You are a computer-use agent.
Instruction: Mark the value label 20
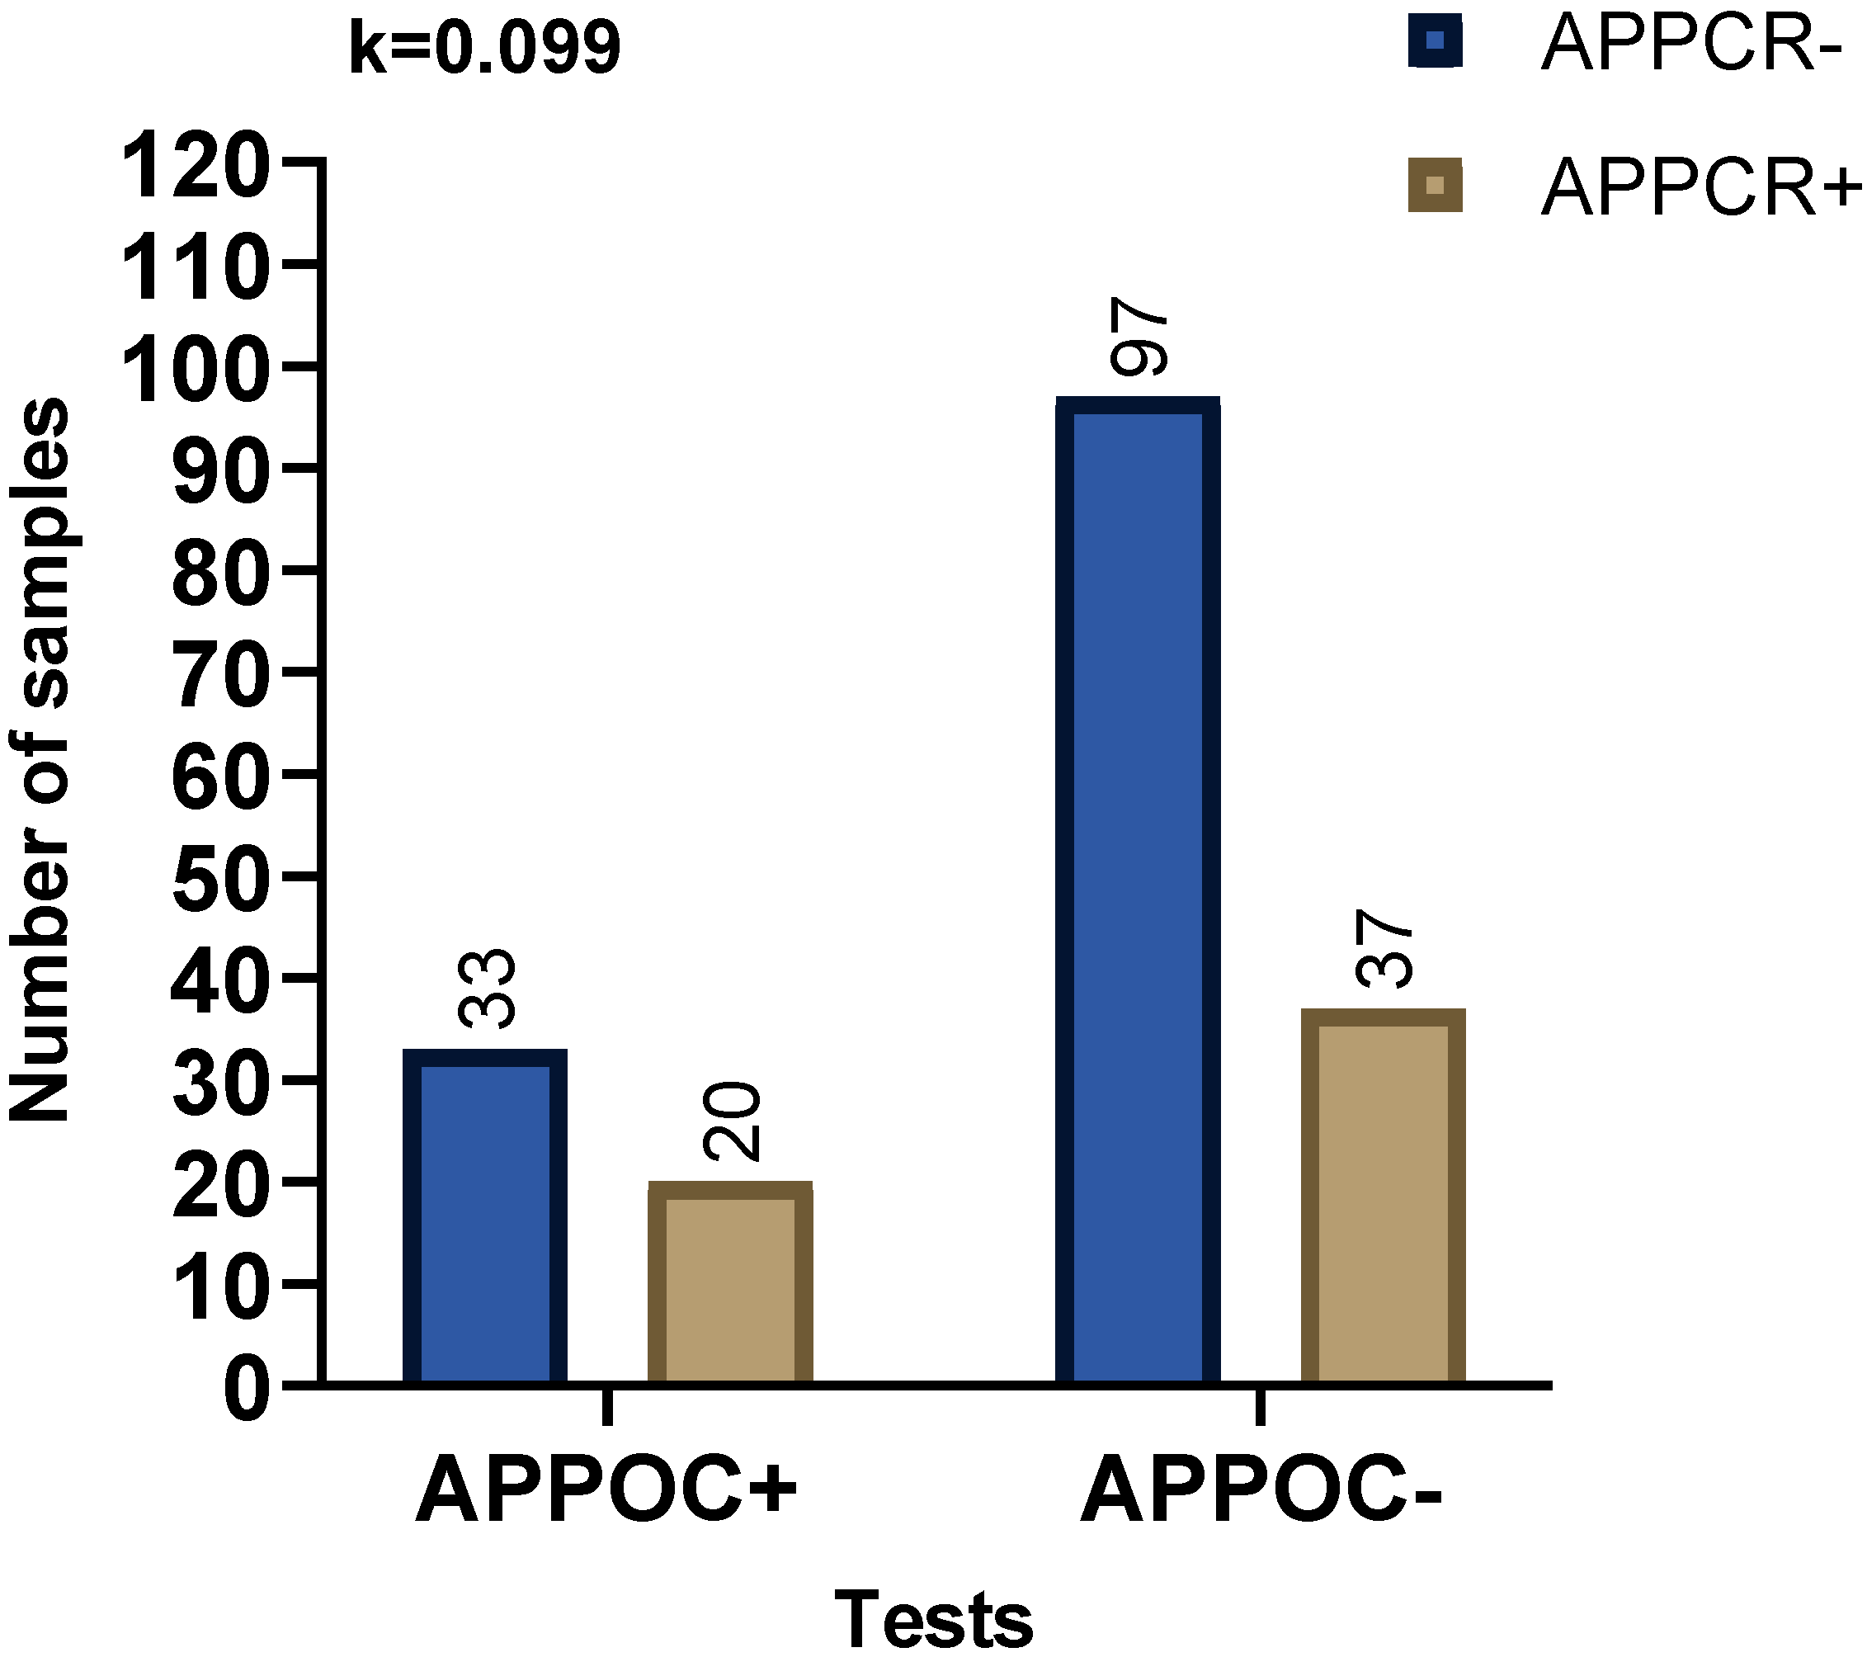(x=731, y=1120)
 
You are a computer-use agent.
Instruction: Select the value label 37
(x=1384, y=948)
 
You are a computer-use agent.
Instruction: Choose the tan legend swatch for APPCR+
(x=1435, y=186)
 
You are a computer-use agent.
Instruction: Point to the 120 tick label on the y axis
(x=196, y=163)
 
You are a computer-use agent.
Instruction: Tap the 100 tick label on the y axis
(x=196, y=368)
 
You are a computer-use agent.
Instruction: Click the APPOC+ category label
(x=606, y=1493)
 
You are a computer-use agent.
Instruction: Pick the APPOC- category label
(x=1261, y=1493)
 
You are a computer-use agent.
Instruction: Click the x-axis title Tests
(x=934, y=1620)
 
